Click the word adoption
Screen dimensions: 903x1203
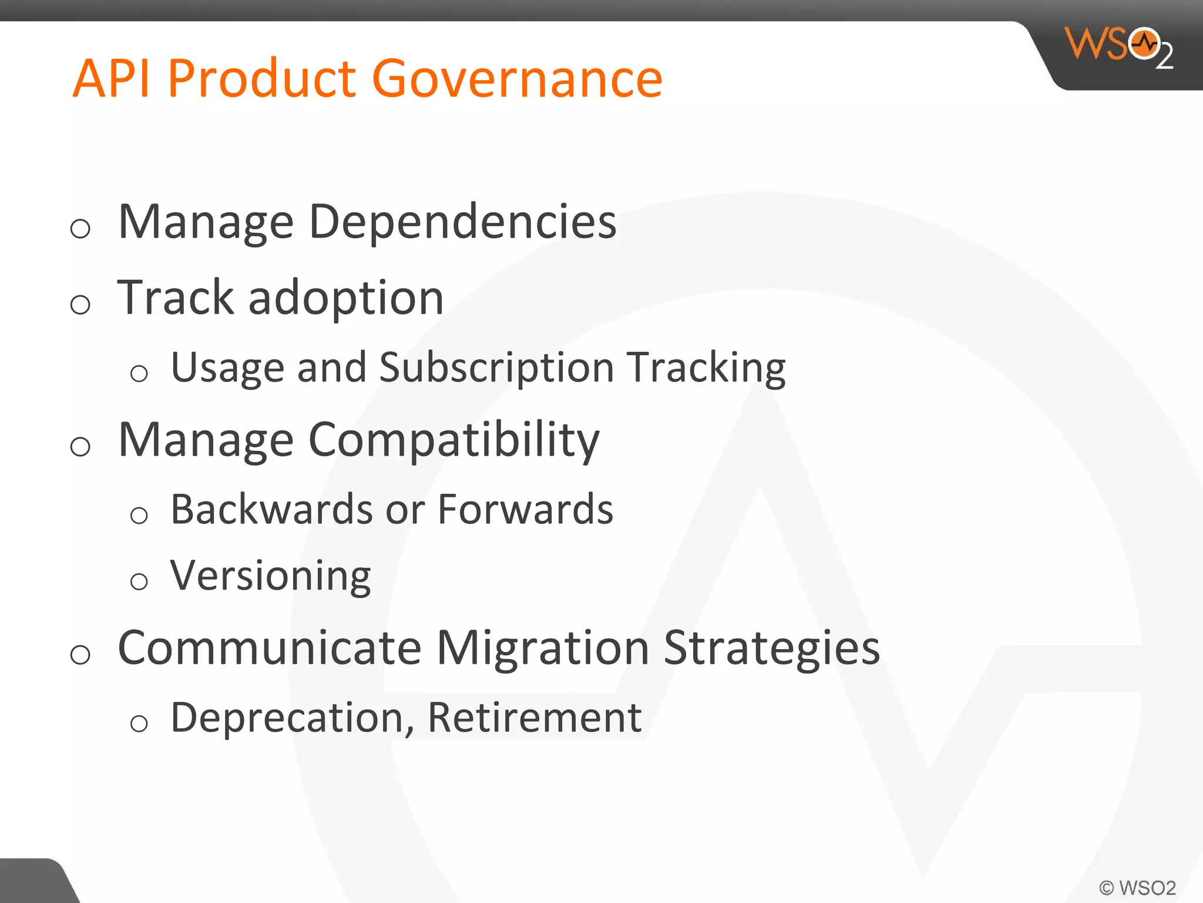[x=346, y=298]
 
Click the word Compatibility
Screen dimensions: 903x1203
[x=453, y=441]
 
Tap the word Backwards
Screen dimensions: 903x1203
[x=271, y=510]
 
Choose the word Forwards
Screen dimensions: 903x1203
[x=525, y=510]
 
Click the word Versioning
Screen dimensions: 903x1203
[x=270, y=576]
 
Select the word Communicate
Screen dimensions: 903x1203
[x=270, y=648]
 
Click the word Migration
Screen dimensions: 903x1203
[x=542, y=648]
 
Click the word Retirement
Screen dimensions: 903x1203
[x=534, y=718]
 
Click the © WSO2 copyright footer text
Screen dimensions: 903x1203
[x=1137, y=888]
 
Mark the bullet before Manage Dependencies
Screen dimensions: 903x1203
[x=80, y=229]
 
